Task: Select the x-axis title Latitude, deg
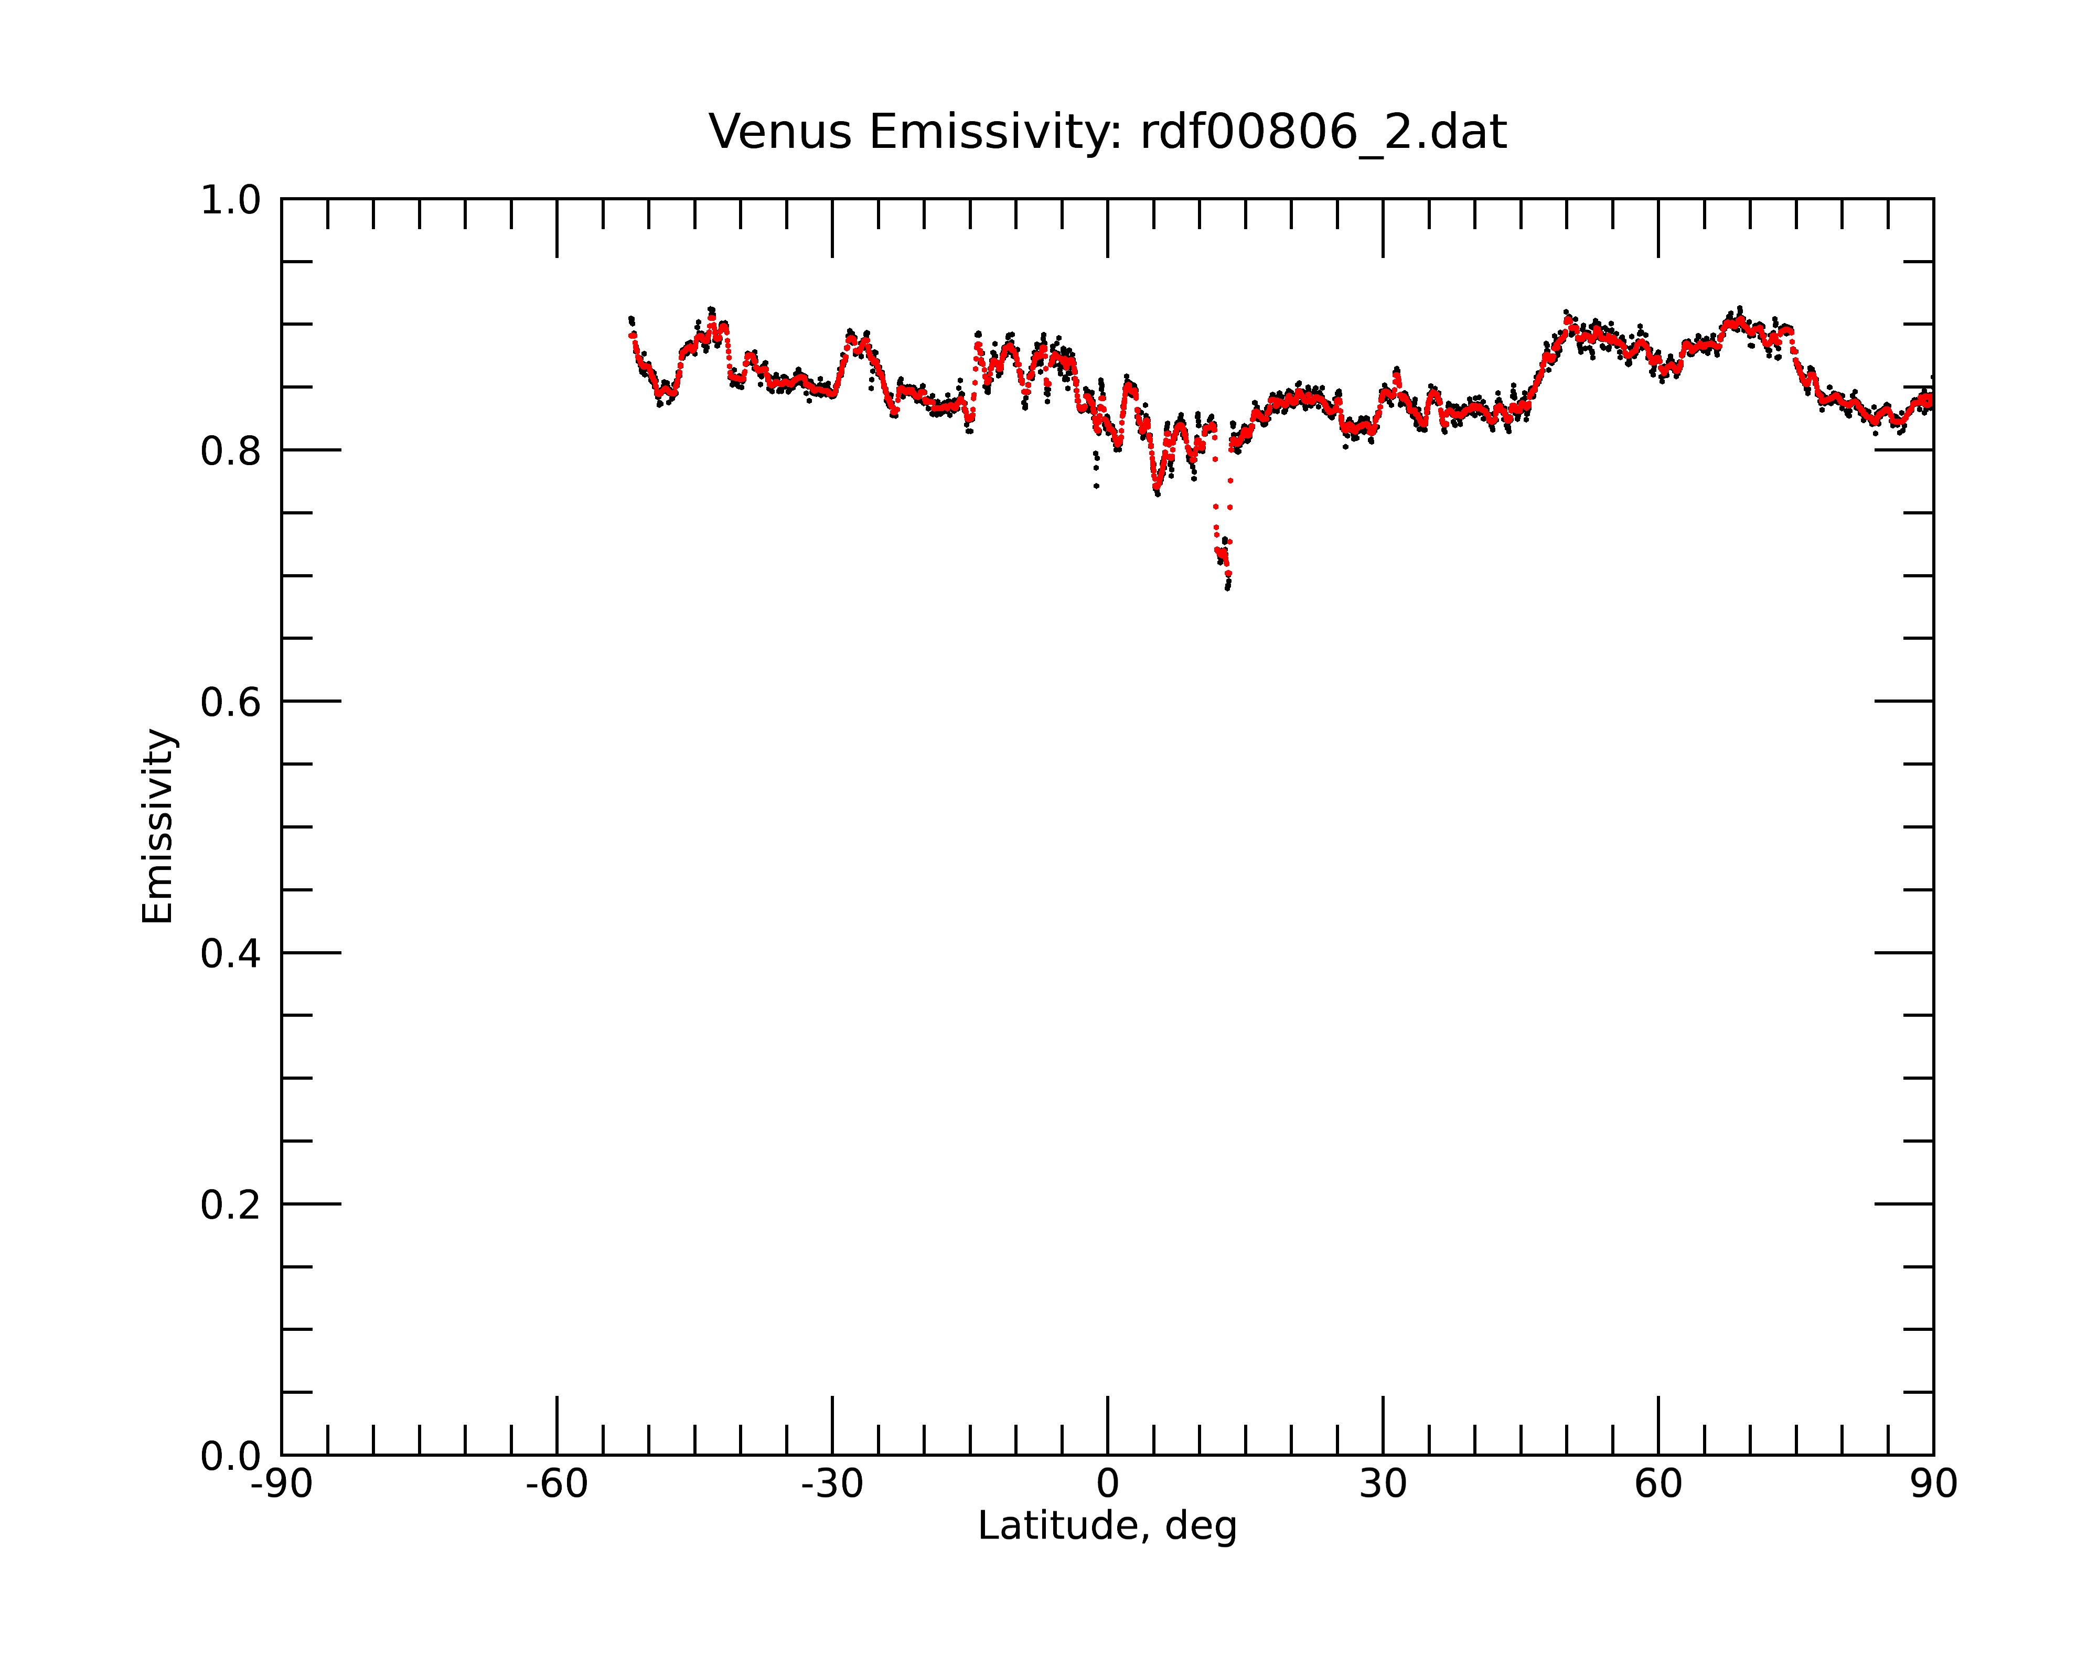point(1107,1526)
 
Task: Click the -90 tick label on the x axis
point(281,1485)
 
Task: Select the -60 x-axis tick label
point(556,1485)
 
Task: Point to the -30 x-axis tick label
point(832,1485)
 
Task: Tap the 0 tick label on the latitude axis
point(1107,1485)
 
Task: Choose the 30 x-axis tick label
point(1383,1485)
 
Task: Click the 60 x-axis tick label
point(1658,1485)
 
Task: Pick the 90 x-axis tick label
point(1933,1485)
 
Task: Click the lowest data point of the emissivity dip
point(1227,587)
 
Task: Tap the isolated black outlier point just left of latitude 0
point(1096,486)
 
